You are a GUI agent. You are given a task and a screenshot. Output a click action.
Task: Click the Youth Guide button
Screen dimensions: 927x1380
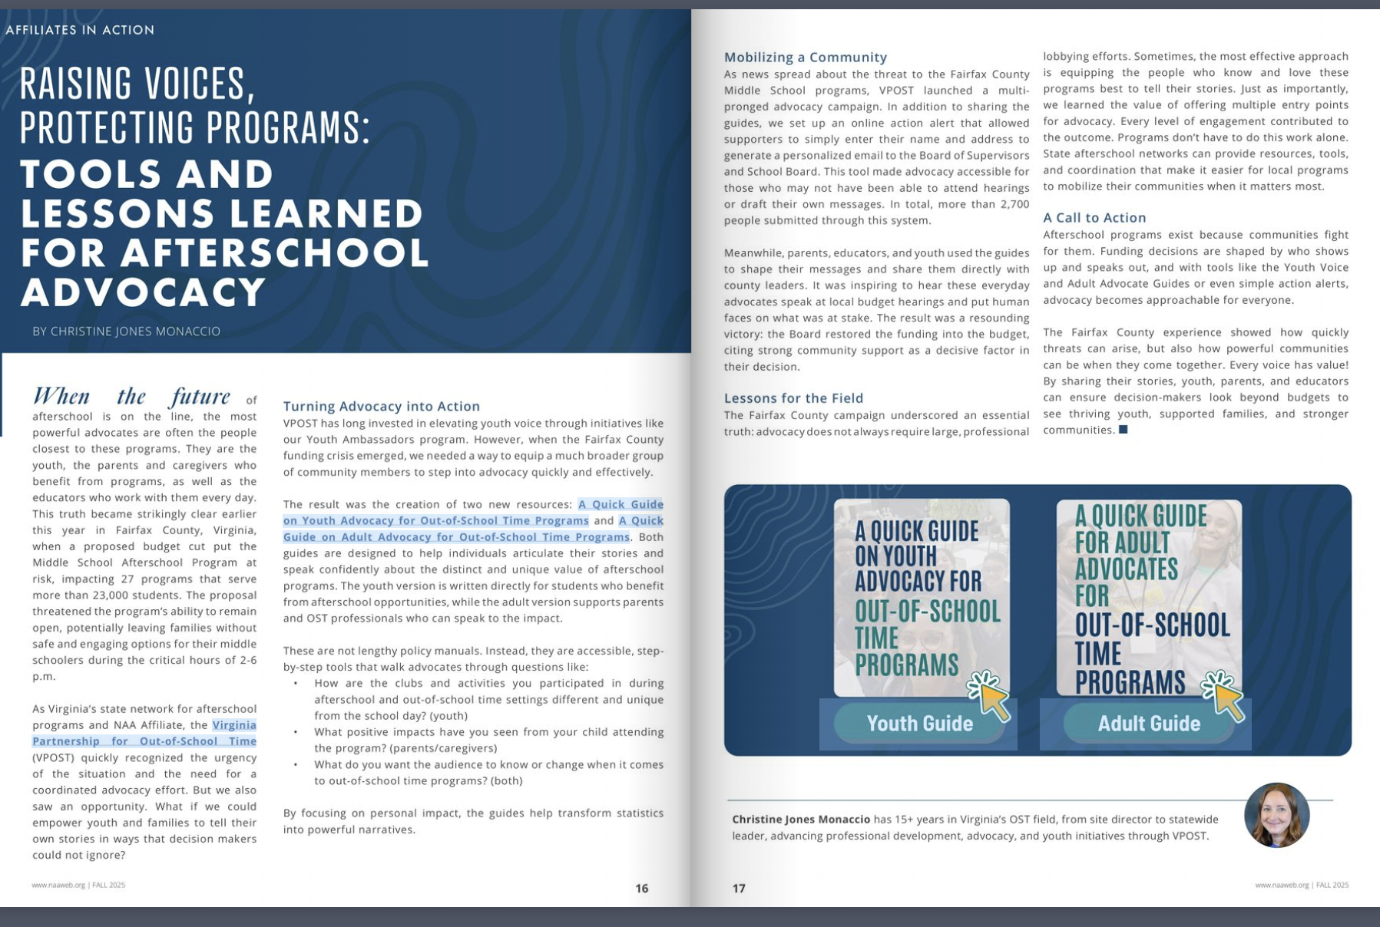919,723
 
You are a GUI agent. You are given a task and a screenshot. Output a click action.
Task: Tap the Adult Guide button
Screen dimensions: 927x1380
1148,723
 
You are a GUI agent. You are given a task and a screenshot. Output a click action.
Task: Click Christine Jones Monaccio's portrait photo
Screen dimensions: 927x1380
1276,815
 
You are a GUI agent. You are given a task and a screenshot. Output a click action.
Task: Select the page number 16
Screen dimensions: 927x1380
642,888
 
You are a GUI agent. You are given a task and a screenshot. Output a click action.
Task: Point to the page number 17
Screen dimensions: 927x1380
739,888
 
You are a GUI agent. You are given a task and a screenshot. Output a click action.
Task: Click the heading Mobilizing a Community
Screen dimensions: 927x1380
805,57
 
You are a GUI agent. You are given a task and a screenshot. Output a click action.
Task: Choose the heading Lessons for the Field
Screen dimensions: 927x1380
793,398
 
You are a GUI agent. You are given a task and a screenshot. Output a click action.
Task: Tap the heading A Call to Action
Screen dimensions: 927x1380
1094,217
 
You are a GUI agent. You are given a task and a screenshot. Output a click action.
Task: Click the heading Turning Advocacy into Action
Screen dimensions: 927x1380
381,406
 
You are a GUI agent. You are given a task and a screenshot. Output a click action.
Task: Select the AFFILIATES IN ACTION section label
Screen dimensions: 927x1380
80,30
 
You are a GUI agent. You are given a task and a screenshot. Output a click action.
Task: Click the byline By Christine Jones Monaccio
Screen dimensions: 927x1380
126,332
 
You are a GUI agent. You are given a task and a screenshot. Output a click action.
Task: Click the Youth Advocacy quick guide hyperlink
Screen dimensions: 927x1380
435,520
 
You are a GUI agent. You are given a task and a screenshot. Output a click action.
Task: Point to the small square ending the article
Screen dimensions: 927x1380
1123,430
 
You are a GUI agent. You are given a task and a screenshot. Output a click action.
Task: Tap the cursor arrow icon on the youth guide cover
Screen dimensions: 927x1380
990,695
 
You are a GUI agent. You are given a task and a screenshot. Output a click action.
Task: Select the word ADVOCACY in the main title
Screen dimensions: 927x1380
143,292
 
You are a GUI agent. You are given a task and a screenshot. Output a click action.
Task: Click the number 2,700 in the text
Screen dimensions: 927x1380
1014,204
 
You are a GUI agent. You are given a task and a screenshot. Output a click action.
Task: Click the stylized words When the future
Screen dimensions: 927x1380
131,396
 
